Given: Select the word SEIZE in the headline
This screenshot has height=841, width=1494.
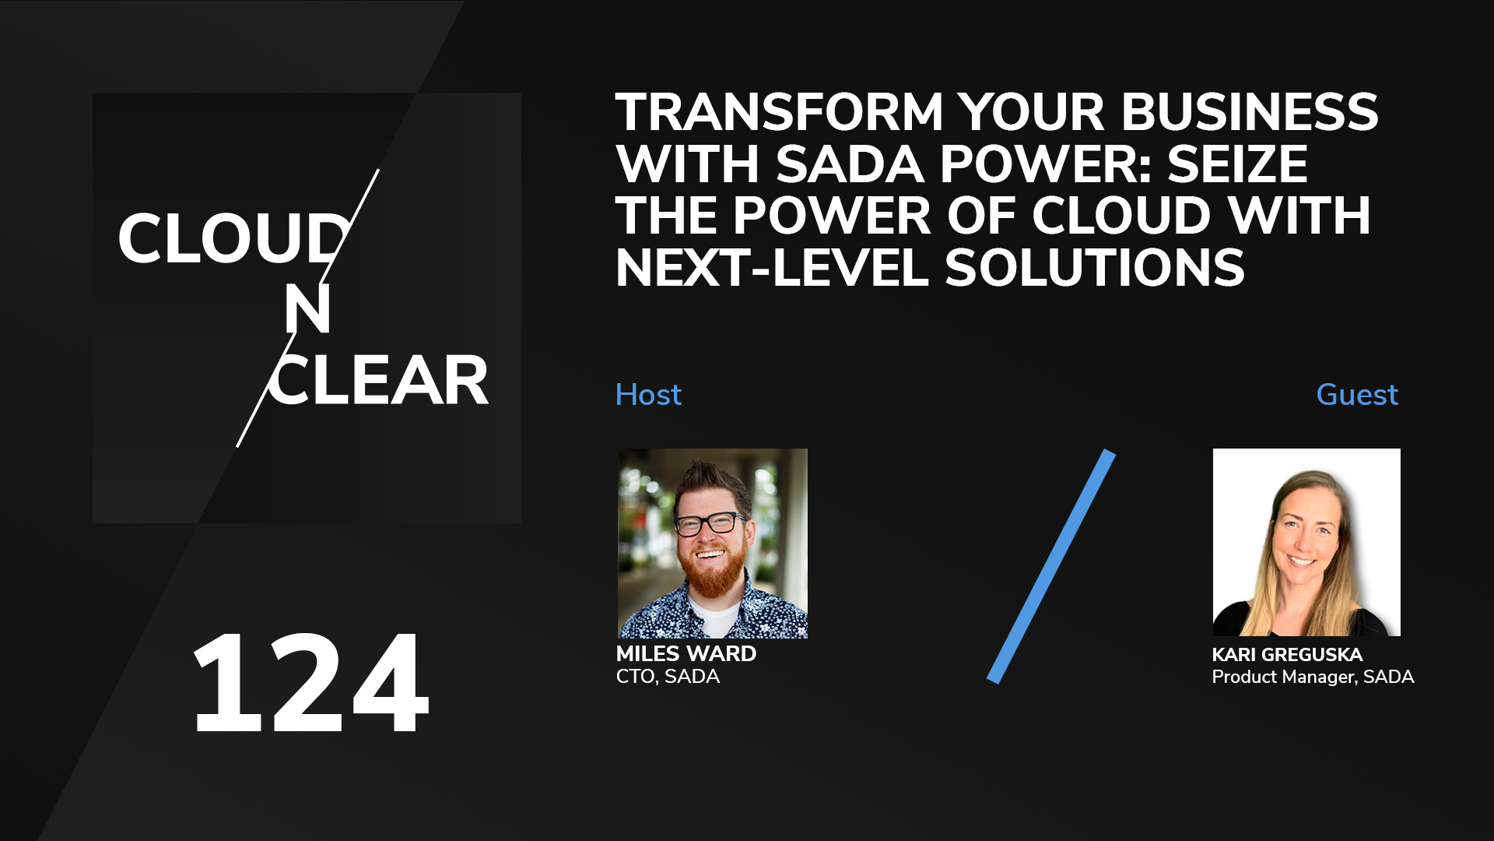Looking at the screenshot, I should tap(1237, 164).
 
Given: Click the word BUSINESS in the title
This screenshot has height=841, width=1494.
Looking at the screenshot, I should tap(1250, 112).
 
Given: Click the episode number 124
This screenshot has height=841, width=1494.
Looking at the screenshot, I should tap(310, 684).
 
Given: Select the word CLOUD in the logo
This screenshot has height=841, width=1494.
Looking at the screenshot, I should tap(233, 238).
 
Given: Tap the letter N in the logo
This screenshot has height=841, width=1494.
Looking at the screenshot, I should tap(307, 309).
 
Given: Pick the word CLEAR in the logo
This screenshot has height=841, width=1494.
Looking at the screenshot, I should tap(379, 381).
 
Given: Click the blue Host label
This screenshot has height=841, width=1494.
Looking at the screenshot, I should tap(648, 395).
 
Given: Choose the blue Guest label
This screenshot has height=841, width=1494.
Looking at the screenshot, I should tap(1357, 395).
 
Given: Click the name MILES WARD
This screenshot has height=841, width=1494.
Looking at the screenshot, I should tap(686, 653).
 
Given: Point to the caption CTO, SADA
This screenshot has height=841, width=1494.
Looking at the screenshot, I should tap(668, 676).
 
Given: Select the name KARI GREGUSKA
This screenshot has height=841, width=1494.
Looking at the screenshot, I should tap(1287, 654).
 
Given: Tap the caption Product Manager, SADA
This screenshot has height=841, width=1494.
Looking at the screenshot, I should tap(1313, 677).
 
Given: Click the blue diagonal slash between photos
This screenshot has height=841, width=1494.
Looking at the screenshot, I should tap(1051, 566).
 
